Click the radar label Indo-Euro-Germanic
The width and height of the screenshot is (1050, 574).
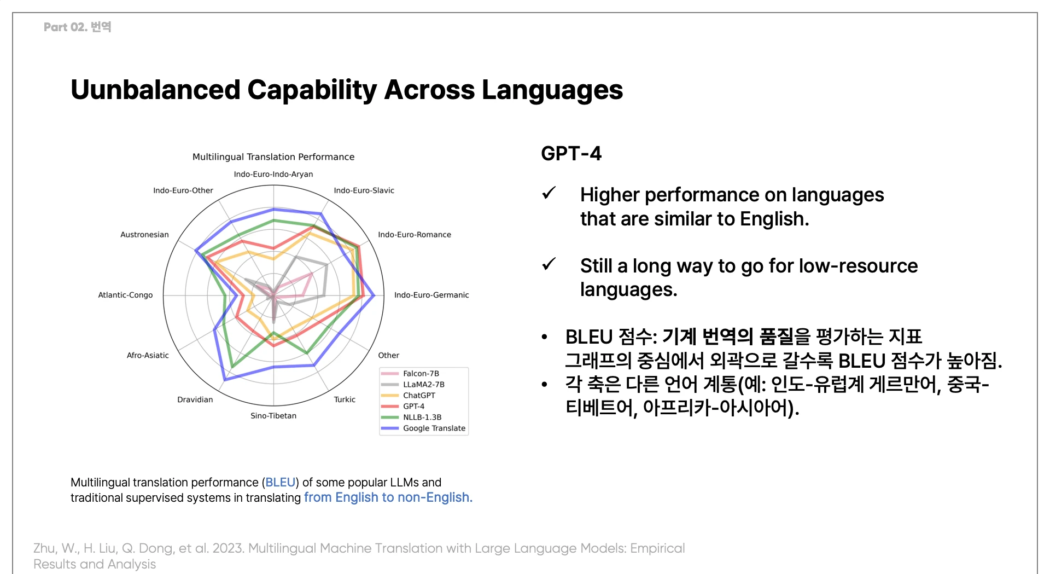431,295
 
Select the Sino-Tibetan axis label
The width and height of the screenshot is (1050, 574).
273,416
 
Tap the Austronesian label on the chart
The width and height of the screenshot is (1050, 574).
144,235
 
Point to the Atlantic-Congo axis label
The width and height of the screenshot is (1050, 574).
125,295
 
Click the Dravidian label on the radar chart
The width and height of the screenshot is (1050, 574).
195,399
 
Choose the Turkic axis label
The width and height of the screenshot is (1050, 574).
345,399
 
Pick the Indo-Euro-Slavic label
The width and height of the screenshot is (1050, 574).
364,190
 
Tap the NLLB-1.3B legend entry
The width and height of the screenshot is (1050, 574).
411,418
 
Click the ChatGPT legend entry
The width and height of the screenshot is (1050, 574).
409,396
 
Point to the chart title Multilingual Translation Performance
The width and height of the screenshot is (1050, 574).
273,157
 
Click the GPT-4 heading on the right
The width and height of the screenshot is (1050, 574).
571,154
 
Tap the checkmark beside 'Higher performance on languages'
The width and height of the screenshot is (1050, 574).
549,193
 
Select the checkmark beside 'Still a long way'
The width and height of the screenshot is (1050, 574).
549,264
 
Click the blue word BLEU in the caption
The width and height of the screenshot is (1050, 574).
281,483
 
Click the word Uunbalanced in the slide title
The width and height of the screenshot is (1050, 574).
155,90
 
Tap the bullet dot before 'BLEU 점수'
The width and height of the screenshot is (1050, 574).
545,337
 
